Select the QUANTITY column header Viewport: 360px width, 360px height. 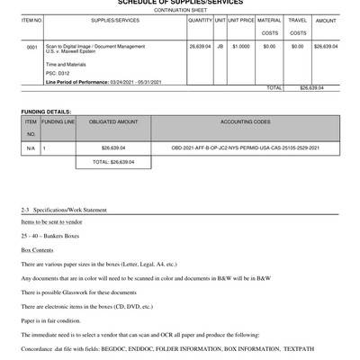pos(200,19)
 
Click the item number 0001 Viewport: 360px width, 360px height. pos(32,45)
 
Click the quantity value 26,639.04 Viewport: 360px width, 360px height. pos(200,45)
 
